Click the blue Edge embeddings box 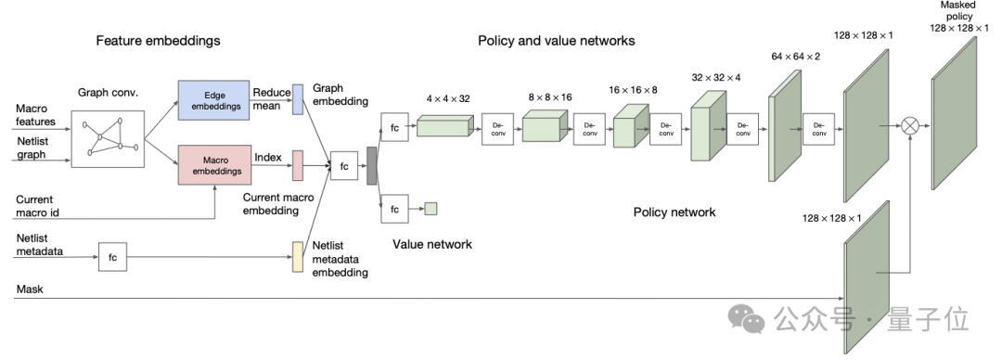(213, 100)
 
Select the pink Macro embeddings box (214, 165)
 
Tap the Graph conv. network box (108, 139)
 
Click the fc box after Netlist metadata (112, 257)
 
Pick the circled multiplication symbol (910, 125)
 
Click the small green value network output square (430, 209)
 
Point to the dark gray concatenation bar (371, 165)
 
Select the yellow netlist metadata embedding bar (298, 256)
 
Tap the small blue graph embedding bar (298, 99)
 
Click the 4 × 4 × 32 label (448, 99)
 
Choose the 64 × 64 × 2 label (796, 57)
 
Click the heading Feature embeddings (158, 41)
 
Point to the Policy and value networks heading (557, 41)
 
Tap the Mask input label (30, 289)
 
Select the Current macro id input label (37, 206)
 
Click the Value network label (432, 244)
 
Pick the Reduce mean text (272, 99)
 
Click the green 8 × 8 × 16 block (546, 125)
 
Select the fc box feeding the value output (395, 209)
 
